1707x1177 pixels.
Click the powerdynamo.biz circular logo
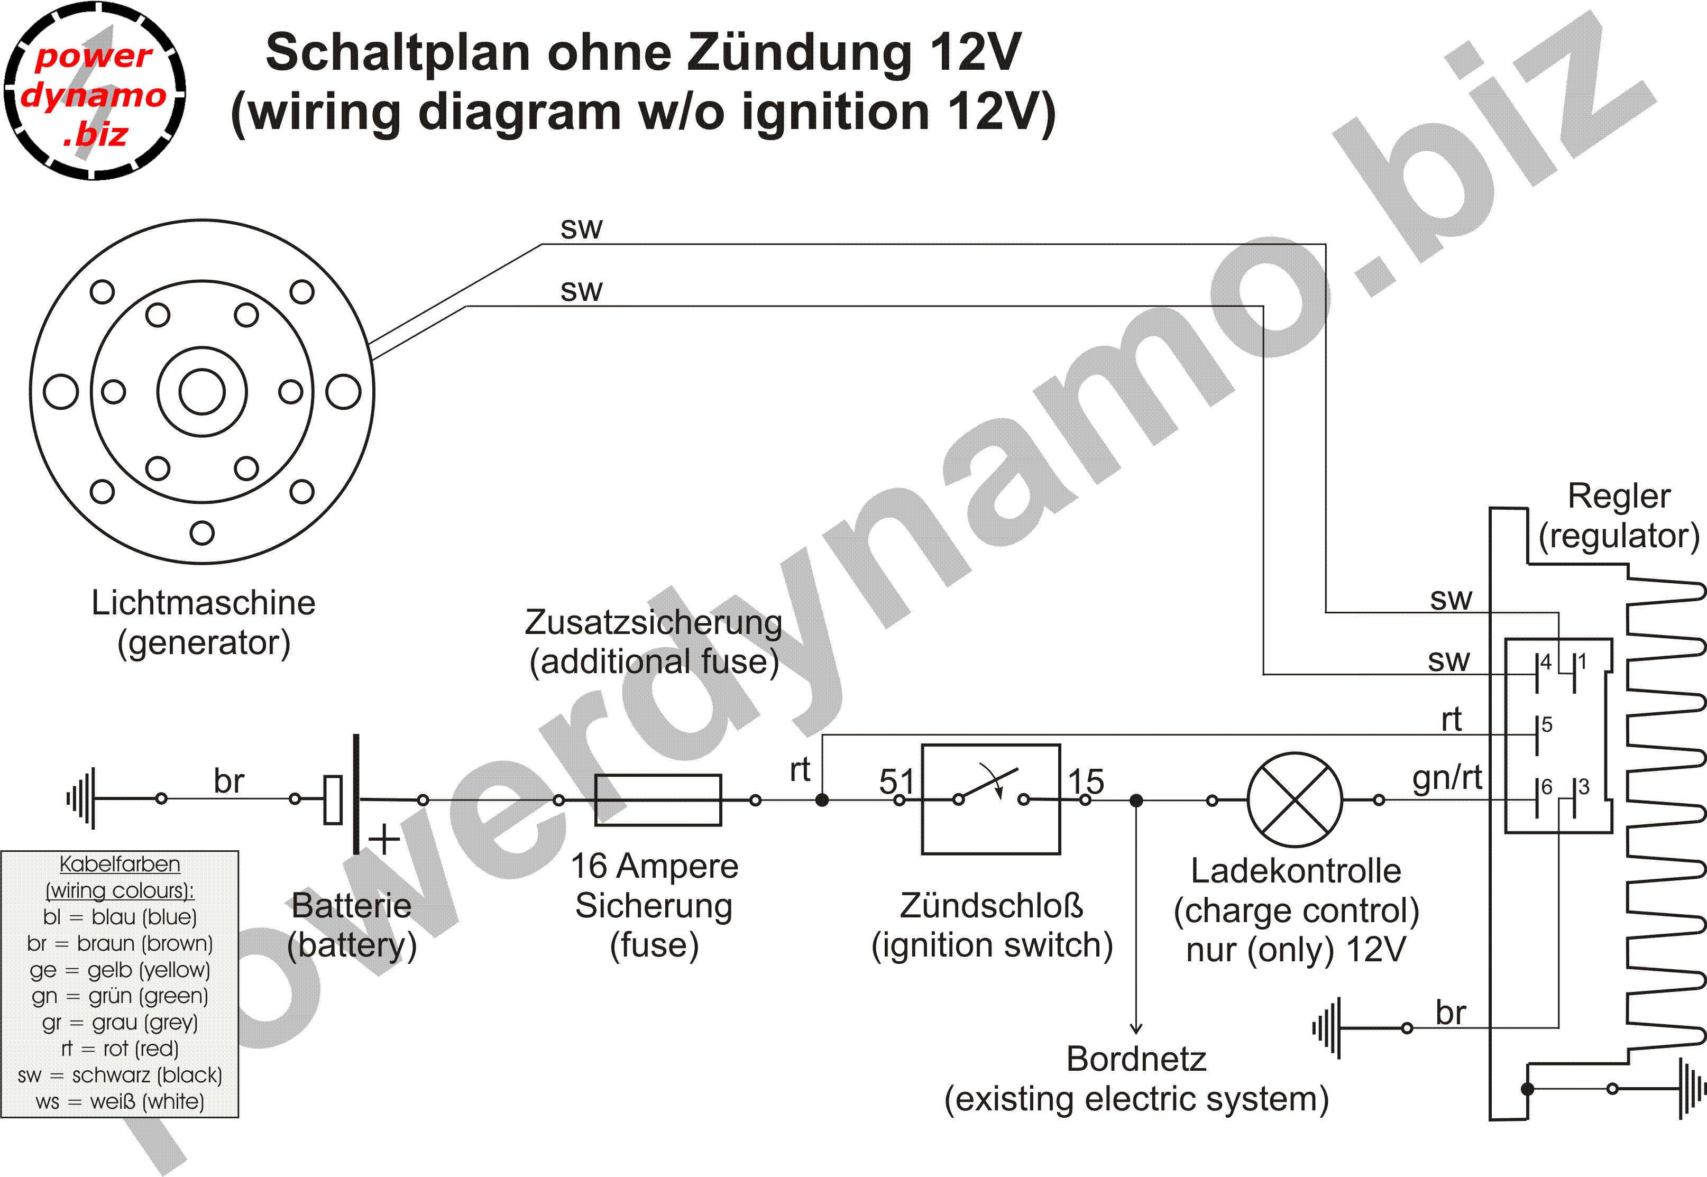(94, 91)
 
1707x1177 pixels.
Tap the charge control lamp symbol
(1295, 799)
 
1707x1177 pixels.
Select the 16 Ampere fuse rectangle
(658, 799)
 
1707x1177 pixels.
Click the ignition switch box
(991, 799)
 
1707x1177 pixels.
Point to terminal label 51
(897, 781)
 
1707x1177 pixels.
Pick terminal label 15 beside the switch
(1086, 781)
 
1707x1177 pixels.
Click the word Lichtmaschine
(204, 603)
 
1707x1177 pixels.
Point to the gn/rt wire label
(1447, 777)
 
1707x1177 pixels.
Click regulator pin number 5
(1546, 724)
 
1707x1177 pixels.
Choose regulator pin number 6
(1546, 787)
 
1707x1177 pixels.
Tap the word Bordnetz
(1136, 1059)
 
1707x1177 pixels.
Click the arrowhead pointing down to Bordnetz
(1136, 1027)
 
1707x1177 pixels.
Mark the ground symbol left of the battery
(82, 798)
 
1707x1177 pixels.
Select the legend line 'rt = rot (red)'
(120, 1048)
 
